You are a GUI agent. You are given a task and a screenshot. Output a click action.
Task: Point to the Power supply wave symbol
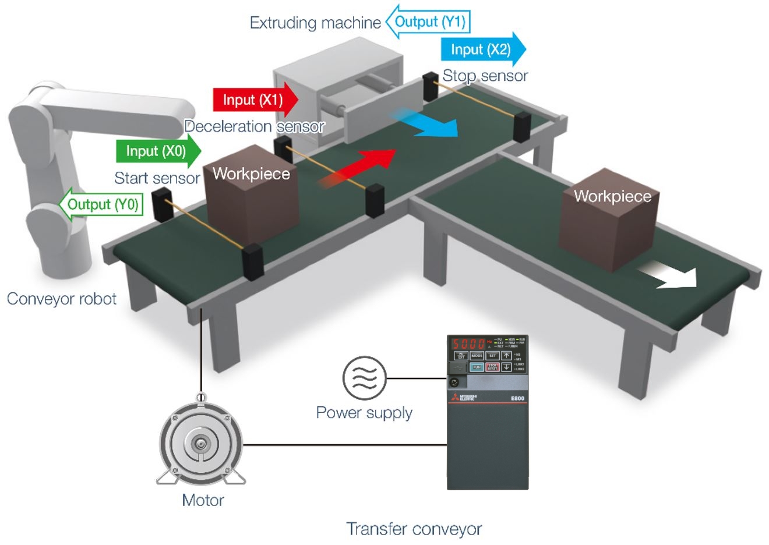[364, 378]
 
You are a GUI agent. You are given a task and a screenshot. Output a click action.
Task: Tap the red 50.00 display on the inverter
[469, 343]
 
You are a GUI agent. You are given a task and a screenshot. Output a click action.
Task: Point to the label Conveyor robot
[62, 299]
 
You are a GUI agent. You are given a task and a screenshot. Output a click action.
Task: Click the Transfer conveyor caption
[414, 529]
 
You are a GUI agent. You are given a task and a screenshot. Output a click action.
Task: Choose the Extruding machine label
[315, 23]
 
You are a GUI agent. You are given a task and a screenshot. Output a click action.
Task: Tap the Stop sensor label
[485, 76]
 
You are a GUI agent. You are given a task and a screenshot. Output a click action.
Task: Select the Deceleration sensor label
[255, 126]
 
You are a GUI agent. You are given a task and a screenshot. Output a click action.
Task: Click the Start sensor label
[157, 178]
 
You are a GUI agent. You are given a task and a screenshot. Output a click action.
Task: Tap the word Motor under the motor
[203, 500]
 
